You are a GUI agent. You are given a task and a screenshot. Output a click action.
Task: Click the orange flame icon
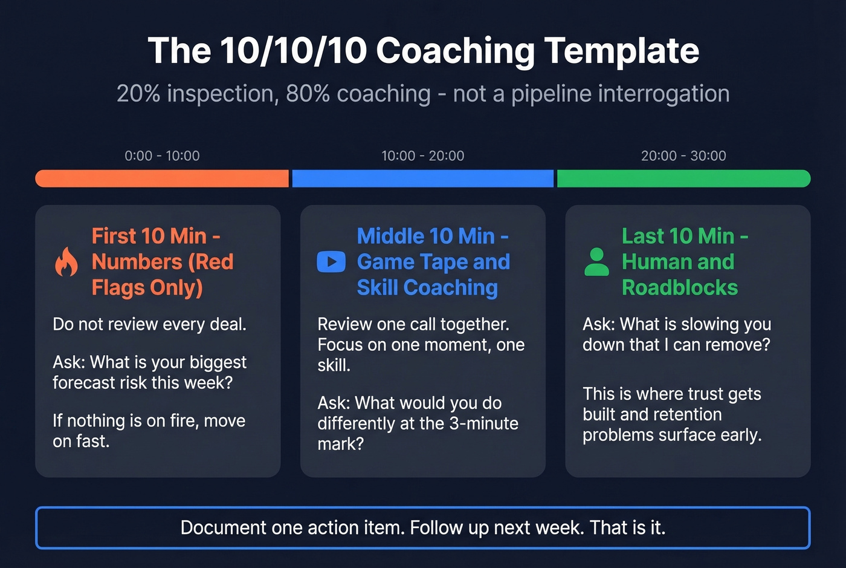pos(66,262)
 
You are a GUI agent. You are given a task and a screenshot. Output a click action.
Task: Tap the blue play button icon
pos(331,262)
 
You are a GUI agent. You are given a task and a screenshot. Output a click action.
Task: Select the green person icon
pos(596,262)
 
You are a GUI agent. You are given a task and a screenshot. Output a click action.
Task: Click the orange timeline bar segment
pos(162,178)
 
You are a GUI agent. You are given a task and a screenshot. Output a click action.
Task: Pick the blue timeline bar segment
pos(422,178)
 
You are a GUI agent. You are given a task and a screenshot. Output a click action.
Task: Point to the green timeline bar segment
pos(683,178)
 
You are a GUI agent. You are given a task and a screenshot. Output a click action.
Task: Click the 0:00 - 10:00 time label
pos(162,155)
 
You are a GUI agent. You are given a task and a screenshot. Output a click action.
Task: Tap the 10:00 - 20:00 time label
pos(422,155)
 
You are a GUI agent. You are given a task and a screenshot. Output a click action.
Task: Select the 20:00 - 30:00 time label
pos(683,155)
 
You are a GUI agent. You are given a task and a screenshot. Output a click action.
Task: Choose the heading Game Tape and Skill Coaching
pos(433,275)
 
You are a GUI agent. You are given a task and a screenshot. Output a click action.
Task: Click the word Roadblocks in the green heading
pos(680,288)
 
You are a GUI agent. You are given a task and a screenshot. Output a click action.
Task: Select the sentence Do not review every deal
pos(149,324)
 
